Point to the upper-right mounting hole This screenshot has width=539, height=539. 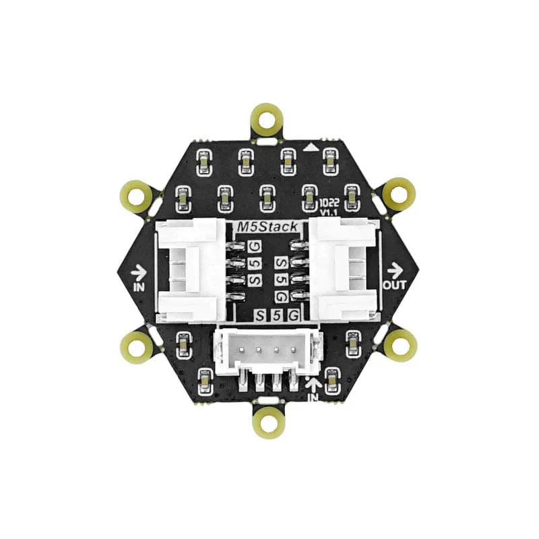[399, 195]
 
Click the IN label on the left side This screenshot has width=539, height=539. [140, 286]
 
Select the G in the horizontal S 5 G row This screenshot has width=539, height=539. [293, 315]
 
